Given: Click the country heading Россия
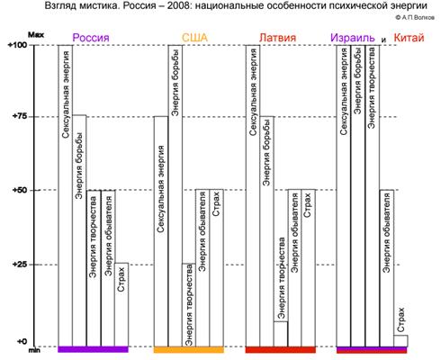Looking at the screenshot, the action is click(91, 38).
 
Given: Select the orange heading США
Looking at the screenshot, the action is click(195, 38).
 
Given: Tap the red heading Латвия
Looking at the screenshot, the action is click(277, 38).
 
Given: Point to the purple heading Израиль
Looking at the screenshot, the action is click(353, 38).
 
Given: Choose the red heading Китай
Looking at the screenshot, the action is click(409, 38).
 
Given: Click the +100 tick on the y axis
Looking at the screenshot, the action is click(17, 45).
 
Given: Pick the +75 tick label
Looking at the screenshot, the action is click(19, 116).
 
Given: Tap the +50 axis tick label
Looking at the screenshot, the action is click(19, 190).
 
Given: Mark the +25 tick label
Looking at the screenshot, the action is click(19, 265).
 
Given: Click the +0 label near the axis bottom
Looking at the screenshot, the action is click(22, 341).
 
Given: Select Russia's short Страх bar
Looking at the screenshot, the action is click(121, 304).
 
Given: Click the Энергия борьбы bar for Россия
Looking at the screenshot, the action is click(79, 230).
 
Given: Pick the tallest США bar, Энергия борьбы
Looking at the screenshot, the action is click(175, 195).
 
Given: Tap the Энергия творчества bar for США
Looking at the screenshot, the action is click(189, 305).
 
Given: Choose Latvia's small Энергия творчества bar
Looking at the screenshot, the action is click(281, 334).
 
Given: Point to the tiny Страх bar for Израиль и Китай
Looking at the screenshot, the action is click(400, 341).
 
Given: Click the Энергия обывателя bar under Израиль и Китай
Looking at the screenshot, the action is click(387, 268).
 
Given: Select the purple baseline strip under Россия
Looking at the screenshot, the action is click(93, 349).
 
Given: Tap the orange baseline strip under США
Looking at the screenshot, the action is click(189, 349).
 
